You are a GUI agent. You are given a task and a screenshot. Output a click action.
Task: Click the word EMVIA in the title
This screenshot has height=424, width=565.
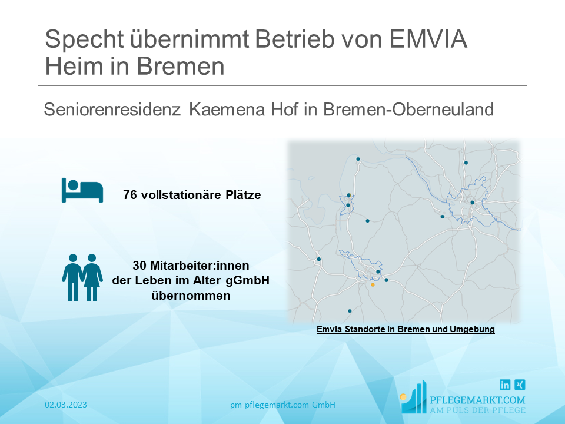coord(428,39)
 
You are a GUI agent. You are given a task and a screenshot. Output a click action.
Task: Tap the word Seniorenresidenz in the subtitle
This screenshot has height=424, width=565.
coord(112,110)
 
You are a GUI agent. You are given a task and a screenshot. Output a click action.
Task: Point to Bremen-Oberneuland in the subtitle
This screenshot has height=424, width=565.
coord(408,110)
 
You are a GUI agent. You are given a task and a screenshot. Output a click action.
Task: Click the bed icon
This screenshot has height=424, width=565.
coord(82,190)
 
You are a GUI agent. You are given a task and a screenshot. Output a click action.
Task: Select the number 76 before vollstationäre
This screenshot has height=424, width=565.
coord(129,195)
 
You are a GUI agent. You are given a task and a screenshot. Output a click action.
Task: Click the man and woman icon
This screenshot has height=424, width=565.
coord(82,277)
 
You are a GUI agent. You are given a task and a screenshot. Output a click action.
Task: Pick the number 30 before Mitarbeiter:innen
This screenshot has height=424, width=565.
coord(139,266)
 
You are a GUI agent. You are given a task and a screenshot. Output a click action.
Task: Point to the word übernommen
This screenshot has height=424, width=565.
coord(191,296)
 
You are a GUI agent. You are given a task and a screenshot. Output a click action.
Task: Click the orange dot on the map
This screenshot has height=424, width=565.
coord(373,285)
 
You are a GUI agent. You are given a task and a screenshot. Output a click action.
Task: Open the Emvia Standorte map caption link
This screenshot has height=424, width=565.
coord(406,329)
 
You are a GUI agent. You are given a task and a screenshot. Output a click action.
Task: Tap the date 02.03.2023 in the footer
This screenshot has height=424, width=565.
coord(66,405)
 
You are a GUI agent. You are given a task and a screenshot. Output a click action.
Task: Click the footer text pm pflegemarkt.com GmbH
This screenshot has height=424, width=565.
coord(283,405)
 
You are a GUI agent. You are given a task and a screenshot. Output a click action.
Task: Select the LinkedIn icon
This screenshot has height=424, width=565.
coord(505,385)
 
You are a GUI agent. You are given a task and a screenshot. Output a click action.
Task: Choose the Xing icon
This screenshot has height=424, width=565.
coord(520,385)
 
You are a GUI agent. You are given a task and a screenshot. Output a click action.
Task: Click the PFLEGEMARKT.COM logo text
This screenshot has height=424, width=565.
coord(477,400)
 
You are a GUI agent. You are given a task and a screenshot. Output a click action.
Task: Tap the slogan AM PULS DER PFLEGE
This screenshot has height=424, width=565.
coord(477,410)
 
